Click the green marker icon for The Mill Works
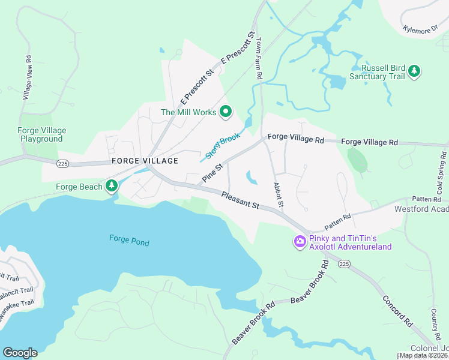226,111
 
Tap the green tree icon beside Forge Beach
111,187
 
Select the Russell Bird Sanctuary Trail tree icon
414,72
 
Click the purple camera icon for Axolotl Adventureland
299,241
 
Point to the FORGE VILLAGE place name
145,161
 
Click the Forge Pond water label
129,242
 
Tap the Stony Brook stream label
222,146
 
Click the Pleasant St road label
240,200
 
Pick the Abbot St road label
277,196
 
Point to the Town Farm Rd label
259,59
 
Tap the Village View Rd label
27,78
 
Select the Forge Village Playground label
42,134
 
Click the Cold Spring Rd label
440,176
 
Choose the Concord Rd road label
397,311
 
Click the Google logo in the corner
20,353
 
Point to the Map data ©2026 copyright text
423,355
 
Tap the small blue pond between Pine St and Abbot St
252,178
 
